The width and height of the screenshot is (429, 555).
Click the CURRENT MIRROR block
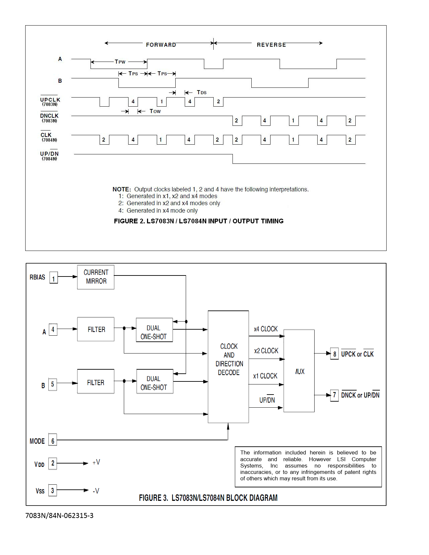(x=96, y=277)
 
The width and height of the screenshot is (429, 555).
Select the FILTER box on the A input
(x=96, y=329)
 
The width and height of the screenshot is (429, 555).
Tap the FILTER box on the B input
(x=96, y=381)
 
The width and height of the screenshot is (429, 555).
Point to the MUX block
(x=299, y=371)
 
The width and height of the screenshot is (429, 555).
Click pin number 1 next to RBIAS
(x=53, y=278)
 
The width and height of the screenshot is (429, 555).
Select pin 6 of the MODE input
(x=52, y=440)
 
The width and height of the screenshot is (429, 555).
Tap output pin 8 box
(x=334, y=354)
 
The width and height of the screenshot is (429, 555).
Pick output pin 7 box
(x=334, y=395)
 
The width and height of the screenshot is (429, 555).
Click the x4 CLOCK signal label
(x=266, y=329)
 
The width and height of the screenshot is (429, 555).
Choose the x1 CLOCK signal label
(x=265, y=376)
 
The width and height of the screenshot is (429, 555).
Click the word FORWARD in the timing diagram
(x=161, y=45)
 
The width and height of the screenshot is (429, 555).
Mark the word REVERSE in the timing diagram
(x=271, y=45)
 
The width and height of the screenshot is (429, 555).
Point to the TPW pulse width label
(x=120, y=62)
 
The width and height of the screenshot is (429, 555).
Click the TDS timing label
(x=202, y=92)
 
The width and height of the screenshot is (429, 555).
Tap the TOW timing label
(x=155, y=111)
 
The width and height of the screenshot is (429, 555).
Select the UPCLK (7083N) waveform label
(x=50, y=102)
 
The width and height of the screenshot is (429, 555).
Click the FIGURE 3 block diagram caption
(x=208, y=498)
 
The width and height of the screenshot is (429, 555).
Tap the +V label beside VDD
(x=96, y=462)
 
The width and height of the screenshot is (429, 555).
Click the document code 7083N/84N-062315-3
(x=60, y=515)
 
